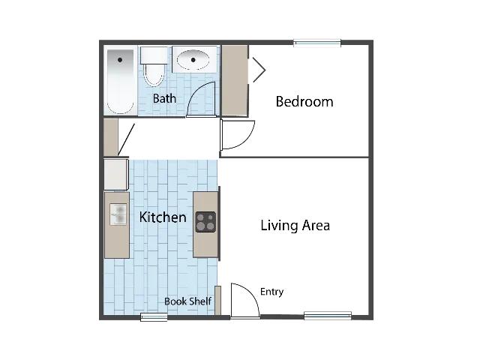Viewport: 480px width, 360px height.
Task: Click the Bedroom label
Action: click(x=304, y=102)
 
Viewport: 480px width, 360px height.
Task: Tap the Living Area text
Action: click(x=295, y=226)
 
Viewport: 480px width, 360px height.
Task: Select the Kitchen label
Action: click(x=163, y=217)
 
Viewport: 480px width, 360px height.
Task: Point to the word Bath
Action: click(x=164, y=98)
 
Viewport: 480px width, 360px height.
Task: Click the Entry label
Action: click(x=271, y=292)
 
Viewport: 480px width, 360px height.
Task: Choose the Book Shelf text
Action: click(x=187, y=301)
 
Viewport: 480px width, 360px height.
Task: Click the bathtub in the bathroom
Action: click(x=120, y=82)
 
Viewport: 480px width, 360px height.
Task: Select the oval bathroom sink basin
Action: click(x=193, y=59)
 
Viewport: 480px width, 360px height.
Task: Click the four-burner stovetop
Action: click(x=205, y=222)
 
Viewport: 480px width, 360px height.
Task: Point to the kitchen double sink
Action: click(x=118, y=214)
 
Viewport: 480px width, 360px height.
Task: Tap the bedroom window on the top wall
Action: click(x=317, y=43)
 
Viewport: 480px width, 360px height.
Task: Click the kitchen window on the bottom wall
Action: click(x=154, y=317)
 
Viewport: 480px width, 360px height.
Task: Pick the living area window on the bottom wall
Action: click(x=328, y=316)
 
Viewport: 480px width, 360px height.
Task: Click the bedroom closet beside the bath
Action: click(x=235, y=80)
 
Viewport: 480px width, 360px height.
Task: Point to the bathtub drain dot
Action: click(x=120, y=60)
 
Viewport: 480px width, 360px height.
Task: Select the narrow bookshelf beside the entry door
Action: click(x=217, y=300)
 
